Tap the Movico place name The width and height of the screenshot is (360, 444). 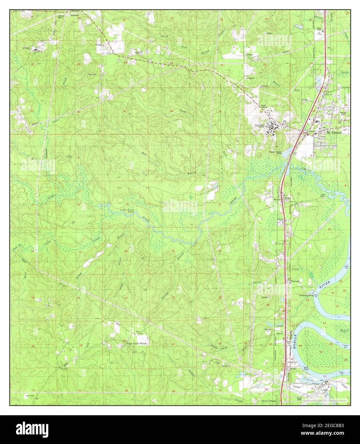pyautogui.click(x=277, y=200)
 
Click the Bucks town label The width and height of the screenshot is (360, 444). pyautogui.click(x=293, y=369)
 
